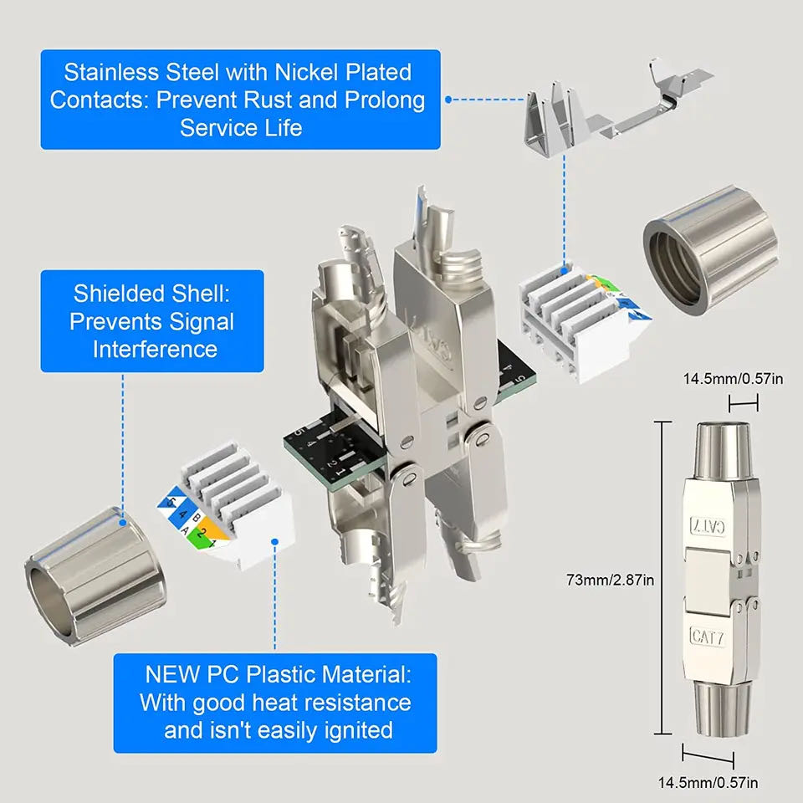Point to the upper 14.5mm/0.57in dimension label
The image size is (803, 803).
733,379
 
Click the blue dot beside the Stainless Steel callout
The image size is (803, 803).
449,99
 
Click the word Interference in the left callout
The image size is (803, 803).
155,348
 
